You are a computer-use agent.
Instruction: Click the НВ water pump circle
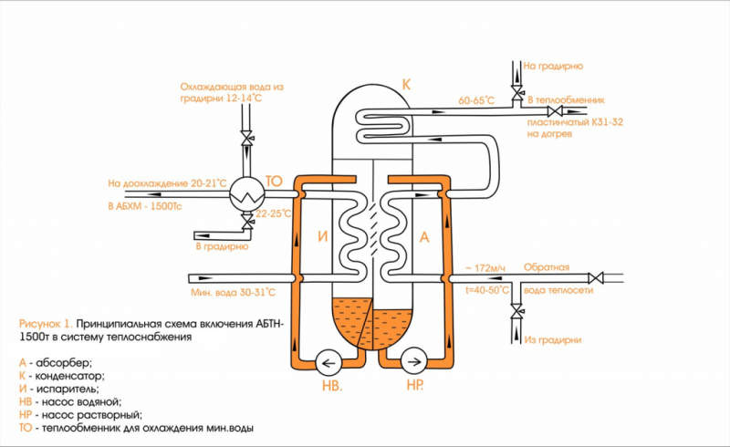pyautogui.click(x=328, y=362)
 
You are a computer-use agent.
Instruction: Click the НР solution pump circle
pyautogui.click(x=414, y=362)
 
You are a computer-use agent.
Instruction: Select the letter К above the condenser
pyautogui.click(x=406, y=84)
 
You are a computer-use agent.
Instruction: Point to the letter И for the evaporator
pyautogui.click(x=323, y=236)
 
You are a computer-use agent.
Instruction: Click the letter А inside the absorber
pyautogui.click(x=424, y=237)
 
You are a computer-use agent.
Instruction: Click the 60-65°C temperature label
pyautogui.click(x=476, y=100)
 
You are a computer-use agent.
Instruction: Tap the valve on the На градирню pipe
pyautogui.click(x=516, y=92)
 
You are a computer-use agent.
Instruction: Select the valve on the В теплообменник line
pyautogui.click(x=555, y=111)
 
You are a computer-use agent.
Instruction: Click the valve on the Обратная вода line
pyautogui.click(x=596, y=278)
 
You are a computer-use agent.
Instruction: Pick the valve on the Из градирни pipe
pyautogui.click(x=516, y=311)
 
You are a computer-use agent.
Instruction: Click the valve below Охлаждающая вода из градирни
pyautogui.click(x=246, y=139)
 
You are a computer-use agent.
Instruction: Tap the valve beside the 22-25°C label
pyautogui.click(x=247, y=222)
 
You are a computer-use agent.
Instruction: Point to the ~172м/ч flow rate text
pyautogui.click(x=485, y=268)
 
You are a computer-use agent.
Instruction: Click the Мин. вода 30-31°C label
pyautogui.click(x=233, y=293)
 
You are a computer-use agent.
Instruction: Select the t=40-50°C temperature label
pyautogui.click(x=487, y=290)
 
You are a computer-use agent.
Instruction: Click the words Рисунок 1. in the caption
pyautogui.click(x=46, y=324)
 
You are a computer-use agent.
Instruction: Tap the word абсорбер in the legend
pyautogui.click(x=63, y=362)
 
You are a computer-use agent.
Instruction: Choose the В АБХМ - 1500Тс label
pyautogui.click(x=145, y=206)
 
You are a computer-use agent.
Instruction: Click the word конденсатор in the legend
pyautogui.click(x=70, y=375)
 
